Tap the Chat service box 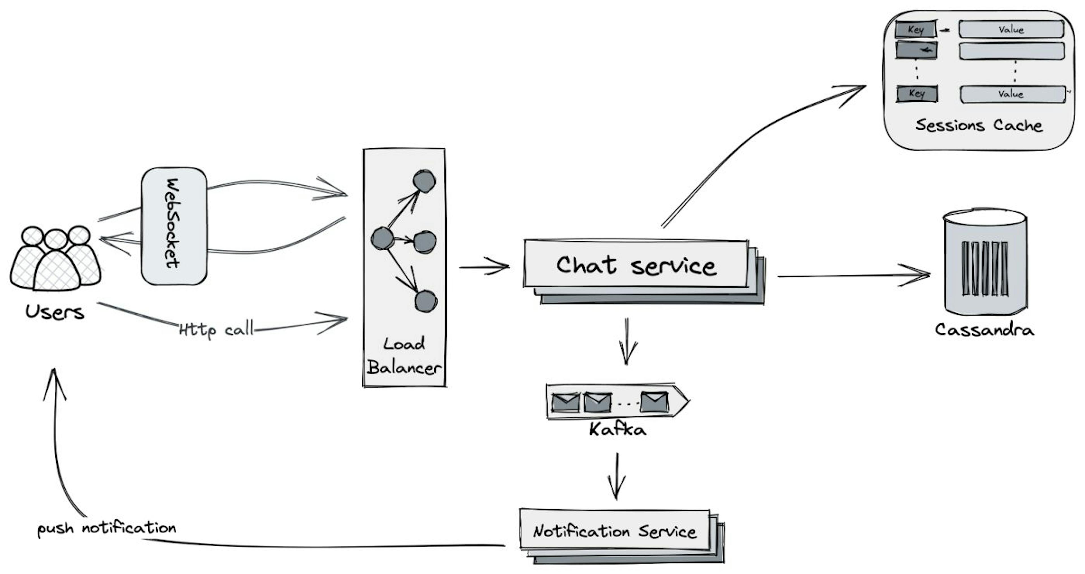636,265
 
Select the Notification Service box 615,530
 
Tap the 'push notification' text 107,528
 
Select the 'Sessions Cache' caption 979,125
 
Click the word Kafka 617,430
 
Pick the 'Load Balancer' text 403,356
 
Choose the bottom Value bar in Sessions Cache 1012,94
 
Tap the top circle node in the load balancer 424,181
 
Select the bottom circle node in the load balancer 426,301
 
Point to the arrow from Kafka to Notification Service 617,476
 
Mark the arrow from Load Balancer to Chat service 484,267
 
